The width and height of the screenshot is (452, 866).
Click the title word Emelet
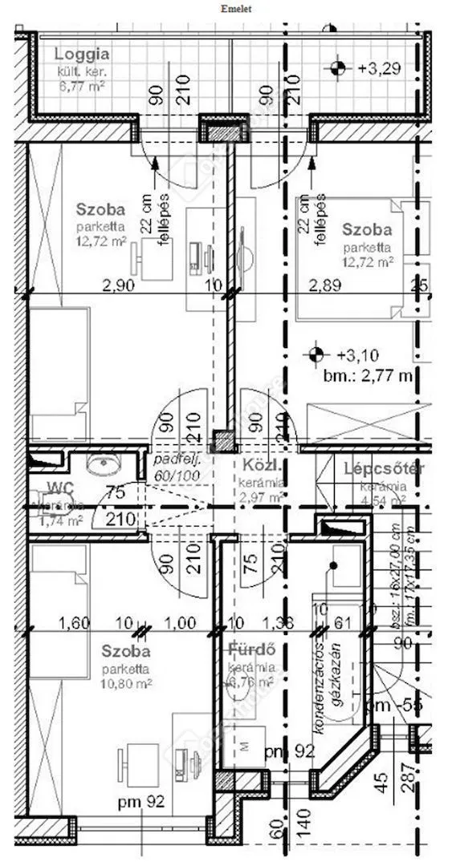pyautogui.click(x=233, y=9)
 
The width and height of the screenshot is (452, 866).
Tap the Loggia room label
pyautogui.click(x=81, y=55)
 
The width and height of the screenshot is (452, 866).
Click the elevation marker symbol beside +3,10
pyautogui.click(x=317, y=353)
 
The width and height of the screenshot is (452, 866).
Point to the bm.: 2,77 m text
pyautogui.click(x=368, y=374)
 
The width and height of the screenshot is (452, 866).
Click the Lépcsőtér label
pyautogui.click(x=384, y=469)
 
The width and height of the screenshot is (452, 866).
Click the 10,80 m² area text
pyautogui.click(x=126, y=683)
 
